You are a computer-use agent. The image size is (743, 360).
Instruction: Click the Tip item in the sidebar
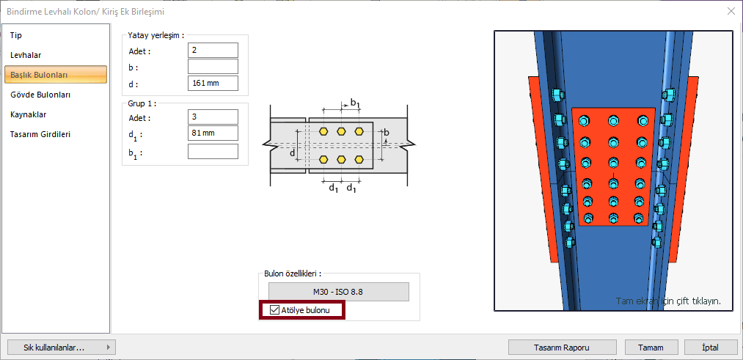(x=16, y=35)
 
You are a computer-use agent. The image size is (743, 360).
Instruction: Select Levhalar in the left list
(x=26, y=55)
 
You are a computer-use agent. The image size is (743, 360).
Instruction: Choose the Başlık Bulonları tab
(x=56, y=75)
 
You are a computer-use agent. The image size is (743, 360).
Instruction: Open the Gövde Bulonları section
(x=40, y=95)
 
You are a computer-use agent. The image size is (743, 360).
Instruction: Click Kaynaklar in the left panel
(x=29, y=114)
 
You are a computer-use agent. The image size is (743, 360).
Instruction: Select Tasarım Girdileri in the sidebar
(x=40, y=134)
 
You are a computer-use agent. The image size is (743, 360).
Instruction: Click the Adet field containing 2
(x=213, y=50)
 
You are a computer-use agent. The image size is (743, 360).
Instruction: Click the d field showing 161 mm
(x=213, y=83)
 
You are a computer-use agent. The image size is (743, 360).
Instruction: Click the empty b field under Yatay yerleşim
(x=213, y=67)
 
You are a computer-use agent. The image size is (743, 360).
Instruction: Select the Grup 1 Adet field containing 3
(x=213, y=117)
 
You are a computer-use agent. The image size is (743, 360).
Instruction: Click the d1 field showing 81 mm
(x=213, y=133)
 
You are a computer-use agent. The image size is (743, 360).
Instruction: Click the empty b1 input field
(x=213, y=151)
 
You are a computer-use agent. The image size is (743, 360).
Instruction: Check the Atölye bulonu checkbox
(x=275, y=310)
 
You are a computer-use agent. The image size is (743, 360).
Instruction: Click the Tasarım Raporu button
(x=562, y=348)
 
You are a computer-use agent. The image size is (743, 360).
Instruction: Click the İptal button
(x=710, y=348)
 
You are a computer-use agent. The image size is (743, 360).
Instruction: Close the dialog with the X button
(x=731, y=11)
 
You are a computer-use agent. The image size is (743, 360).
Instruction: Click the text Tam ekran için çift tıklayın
(x=667, y=301)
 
